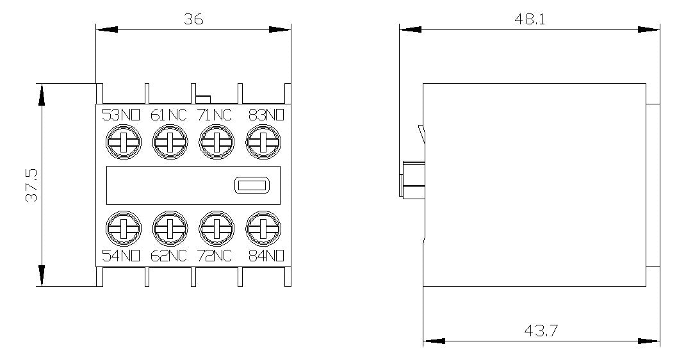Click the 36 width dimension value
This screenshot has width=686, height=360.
193,19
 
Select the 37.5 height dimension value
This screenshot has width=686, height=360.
31,185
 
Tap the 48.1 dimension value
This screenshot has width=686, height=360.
529,19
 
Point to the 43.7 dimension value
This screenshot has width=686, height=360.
541,331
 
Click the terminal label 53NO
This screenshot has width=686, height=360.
121,115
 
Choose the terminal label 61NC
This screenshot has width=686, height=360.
169,115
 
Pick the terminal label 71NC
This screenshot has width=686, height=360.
215,115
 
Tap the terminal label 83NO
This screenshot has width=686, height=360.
266,115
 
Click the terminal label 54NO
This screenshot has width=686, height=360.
121,256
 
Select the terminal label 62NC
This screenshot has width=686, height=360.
169,256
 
